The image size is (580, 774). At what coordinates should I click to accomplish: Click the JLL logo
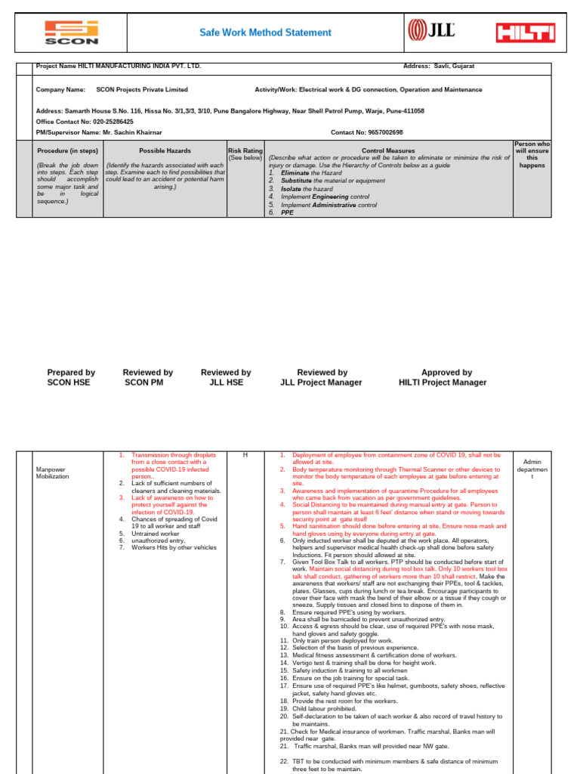(431, 31)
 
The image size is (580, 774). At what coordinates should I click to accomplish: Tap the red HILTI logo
(525, 33)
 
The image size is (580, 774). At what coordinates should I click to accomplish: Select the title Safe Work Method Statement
(265, 33)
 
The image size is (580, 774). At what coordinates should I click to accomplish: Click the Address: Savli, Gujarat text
(440, 67)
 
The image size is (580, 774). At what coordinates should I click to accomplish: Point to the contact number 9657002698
(377, 132)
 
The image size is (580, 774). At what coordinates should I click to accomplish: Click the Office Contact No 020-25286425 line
(85, 122)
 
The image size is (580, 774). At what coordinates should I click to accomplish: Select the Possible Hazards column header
(165, 151)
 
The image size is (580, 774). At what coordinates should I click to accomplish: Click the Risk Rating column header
(245, 151)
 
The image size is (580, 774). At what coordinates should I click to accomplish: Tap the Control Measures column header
(389, 151)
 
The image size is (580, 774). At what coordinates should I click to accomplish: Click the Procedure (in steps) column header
(68, 151)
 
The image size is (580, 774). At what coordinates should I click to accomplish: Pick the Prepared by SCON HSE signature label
(71, 377)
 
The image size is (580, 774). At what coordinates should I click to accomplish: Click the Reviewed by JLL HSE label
(226, 377)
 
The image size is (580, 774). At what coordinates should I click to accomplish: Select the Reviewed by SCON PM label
(148, 377)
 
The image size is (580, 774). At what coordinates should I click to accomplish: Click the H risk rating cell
(245, 455)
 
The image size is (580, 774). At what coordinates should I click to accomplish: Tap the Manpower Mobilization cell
(52, 473)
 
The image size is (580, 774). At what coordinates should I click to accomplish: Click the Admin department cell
(532, 469)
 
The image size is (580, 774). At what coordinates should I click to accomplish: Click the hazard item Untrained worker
(155, 533)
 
